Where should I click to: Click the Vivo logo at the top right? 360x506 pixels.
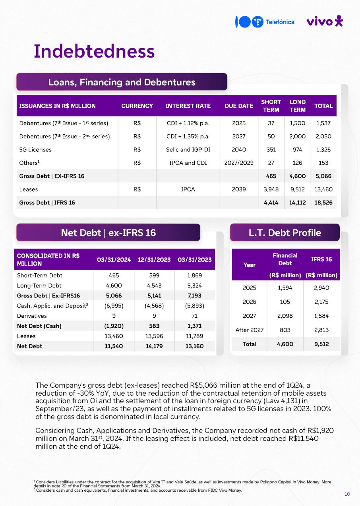(324, 21)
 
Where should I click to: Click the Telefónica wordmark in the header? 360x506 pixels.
(280, 22)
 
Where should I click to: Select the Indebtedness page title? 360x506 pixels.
(94, 51)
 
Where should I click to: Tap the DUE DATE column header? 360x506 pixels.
(238, 106)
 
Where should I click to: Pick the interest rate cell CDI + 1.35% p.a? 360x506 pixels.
(188, 136)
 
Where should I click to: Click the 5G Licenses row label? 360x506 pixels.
(35, 150)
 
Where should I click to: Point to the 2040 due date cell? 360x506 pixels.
(238, 150)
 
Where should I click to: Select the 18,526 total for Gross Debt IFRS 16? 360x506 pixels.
(323, 203)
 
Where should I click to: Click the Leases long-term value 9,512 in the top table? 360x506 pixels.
(297, 189)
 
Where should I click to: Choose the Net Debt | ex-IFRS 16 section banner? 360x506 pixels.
(108, 233)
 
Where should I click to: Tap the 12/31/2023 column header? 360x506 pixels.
(154, 260)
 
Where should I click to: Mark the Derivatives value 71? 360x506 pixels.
(194, 316)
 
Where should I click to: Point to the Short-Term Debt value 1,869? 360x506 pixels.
(194, 275)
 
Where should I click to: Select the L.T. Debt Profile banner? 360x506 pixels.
(285, 233)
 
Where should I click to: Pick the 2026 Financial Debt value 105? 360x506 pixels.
(285, 302)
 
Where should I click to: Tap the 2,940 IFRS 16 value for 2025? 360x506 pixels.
(321, 288)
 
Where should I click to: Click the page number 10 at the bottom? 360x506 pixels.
(347, 494)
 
